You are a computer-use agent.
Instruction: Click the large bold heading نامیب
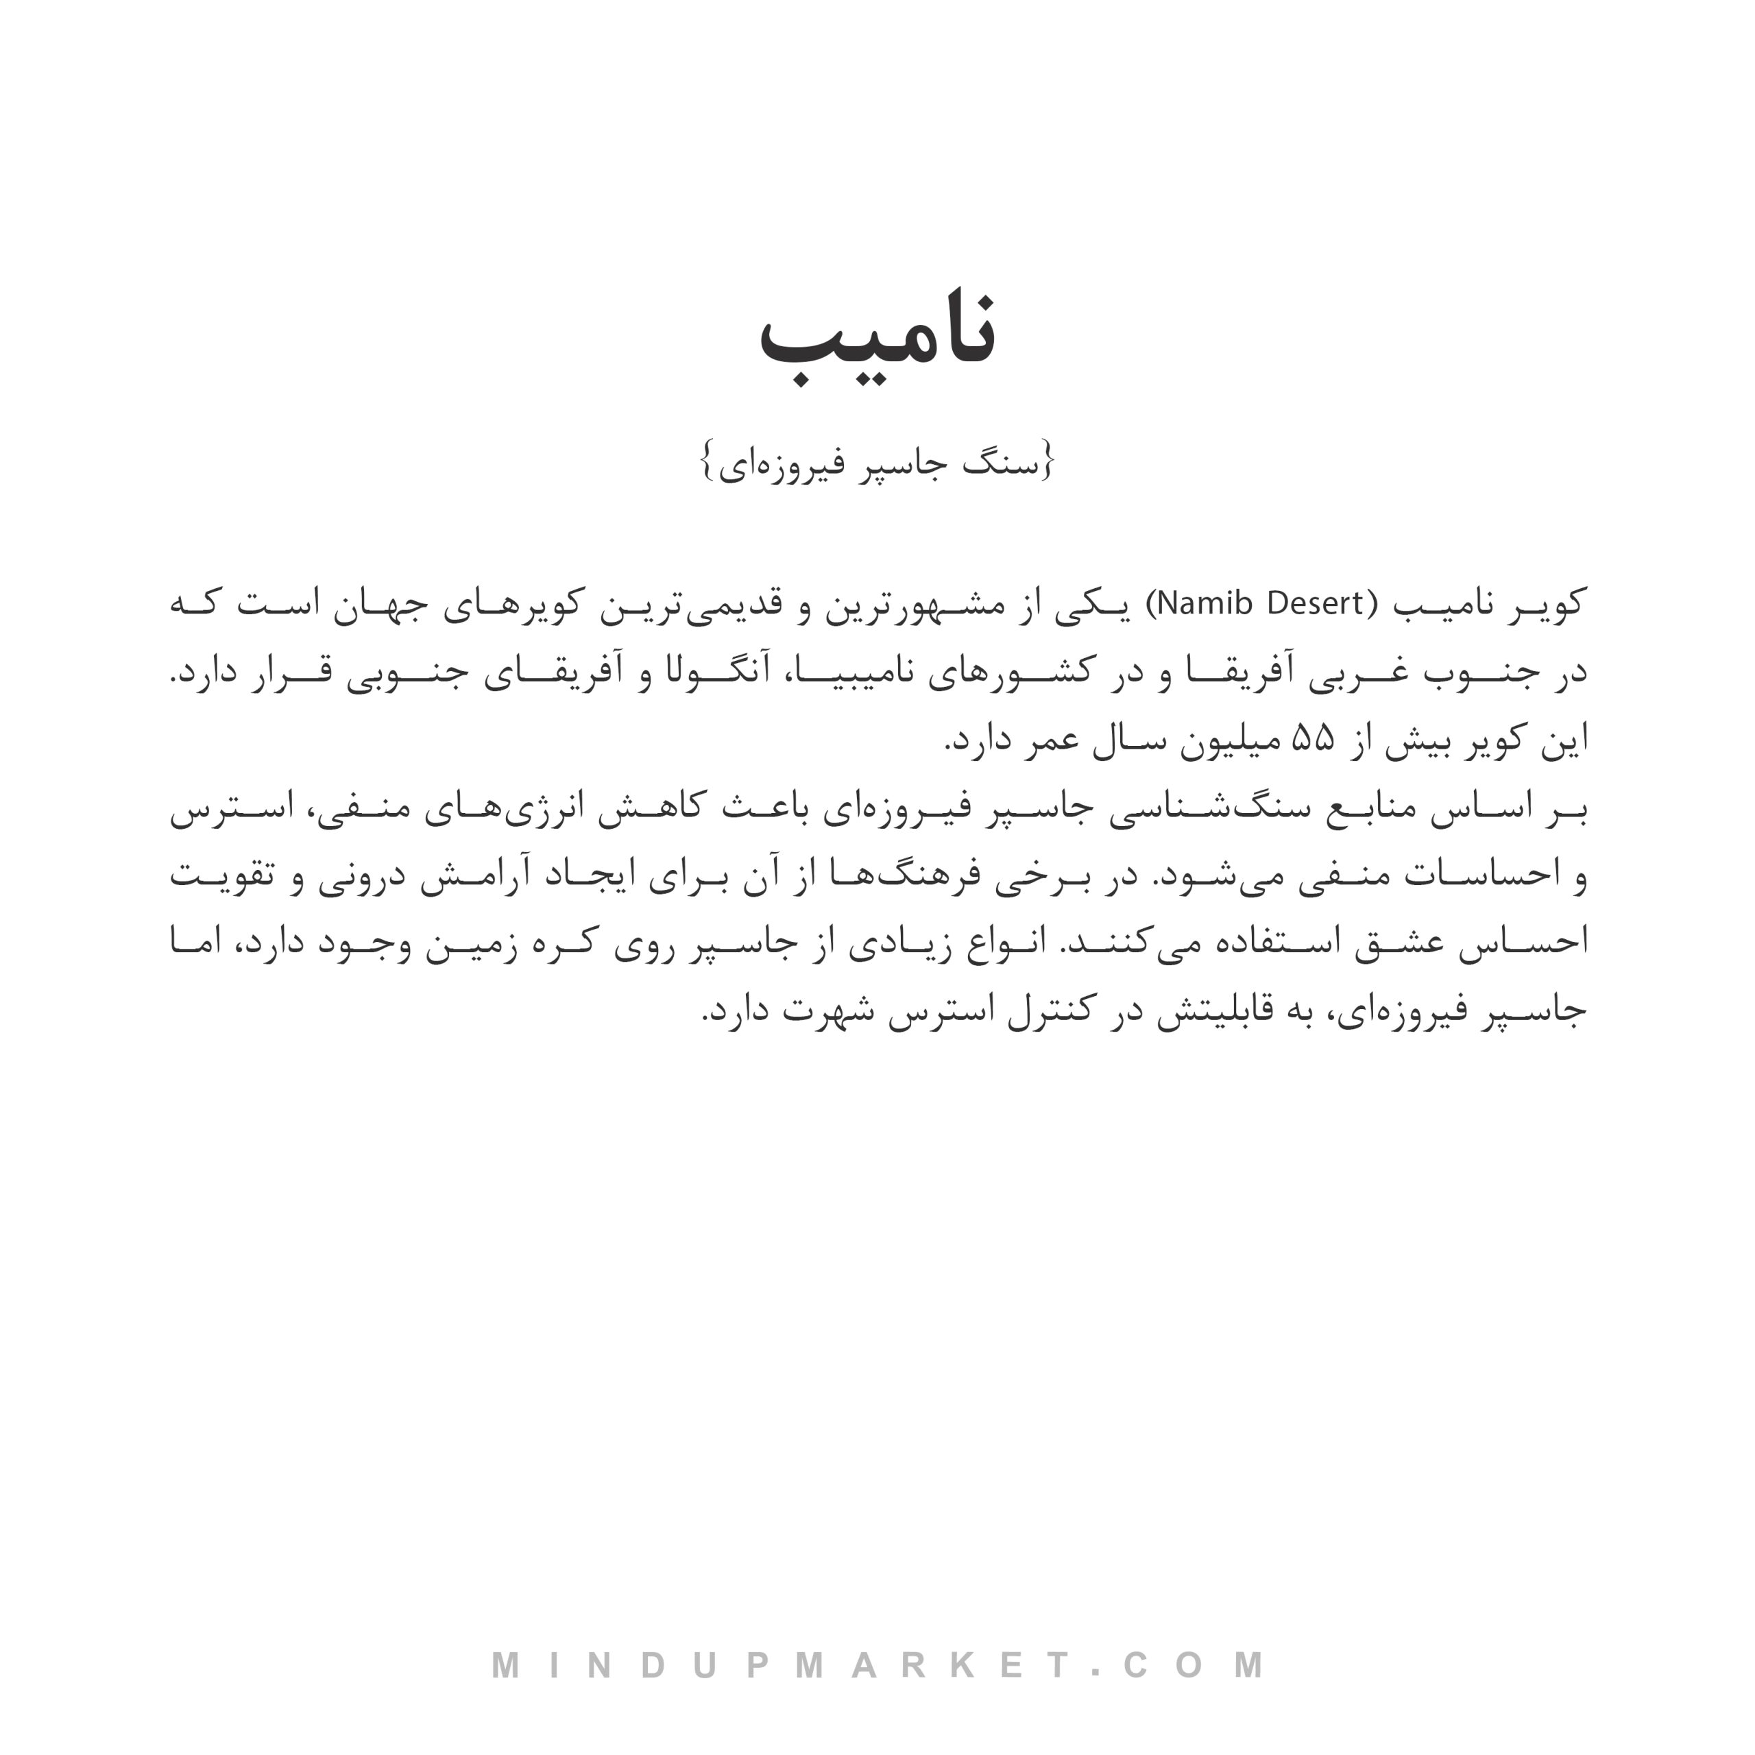(x=877, y=339)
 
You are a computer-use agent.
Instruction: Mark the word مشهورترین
(x=925, y=603)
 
